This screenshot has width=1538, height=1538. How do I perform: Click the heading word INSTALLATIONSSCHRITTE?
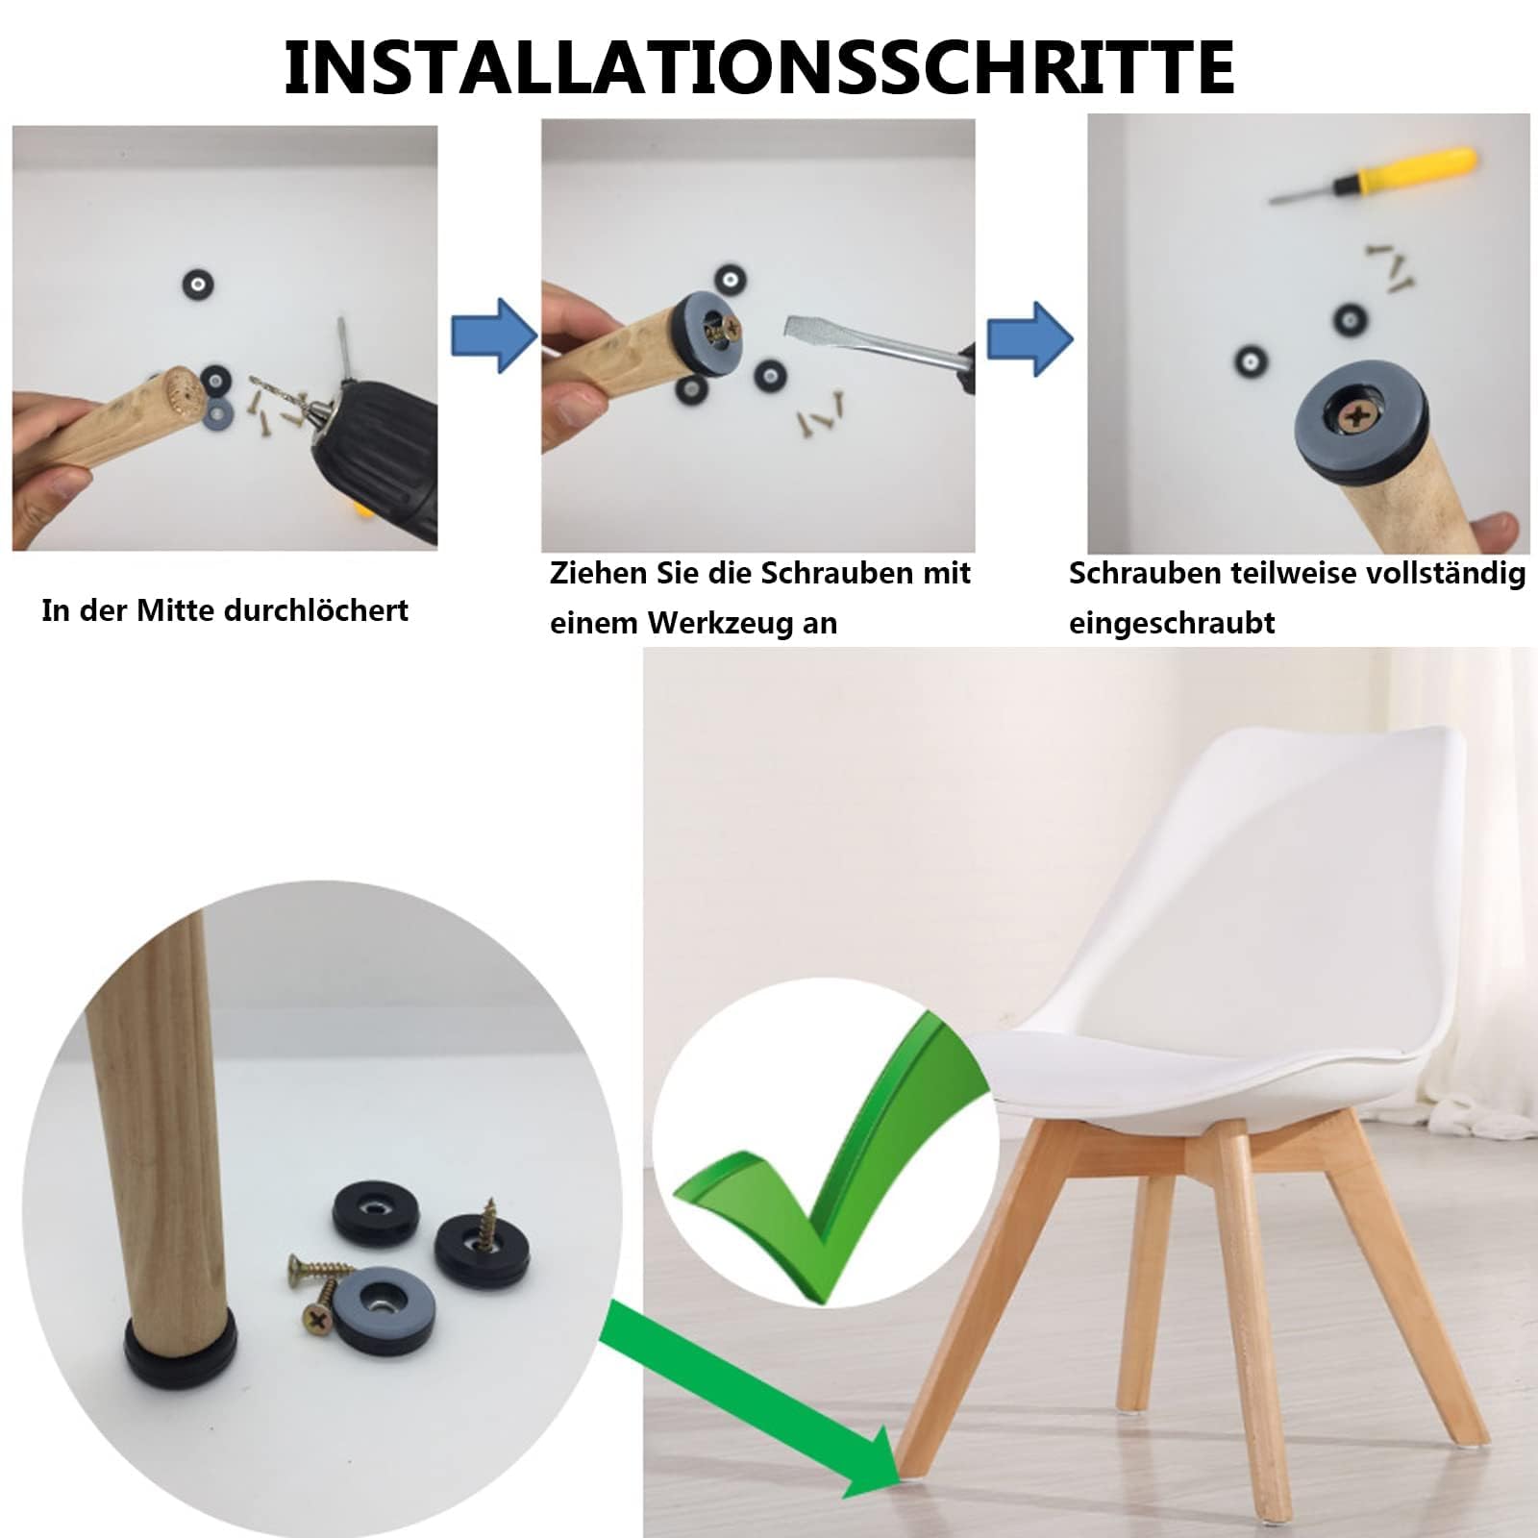[759, 66]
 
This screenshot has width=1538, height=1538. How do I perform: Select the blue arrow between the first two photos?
[493, 335]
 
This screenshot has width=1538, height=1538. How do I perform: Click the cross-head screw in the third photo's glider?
[1356, 416]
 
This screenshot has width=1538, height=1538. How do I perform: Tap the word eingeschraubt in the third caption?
[1172, 623]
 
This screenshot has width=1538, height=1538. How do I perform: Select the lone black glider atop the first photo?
[198, 285]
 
